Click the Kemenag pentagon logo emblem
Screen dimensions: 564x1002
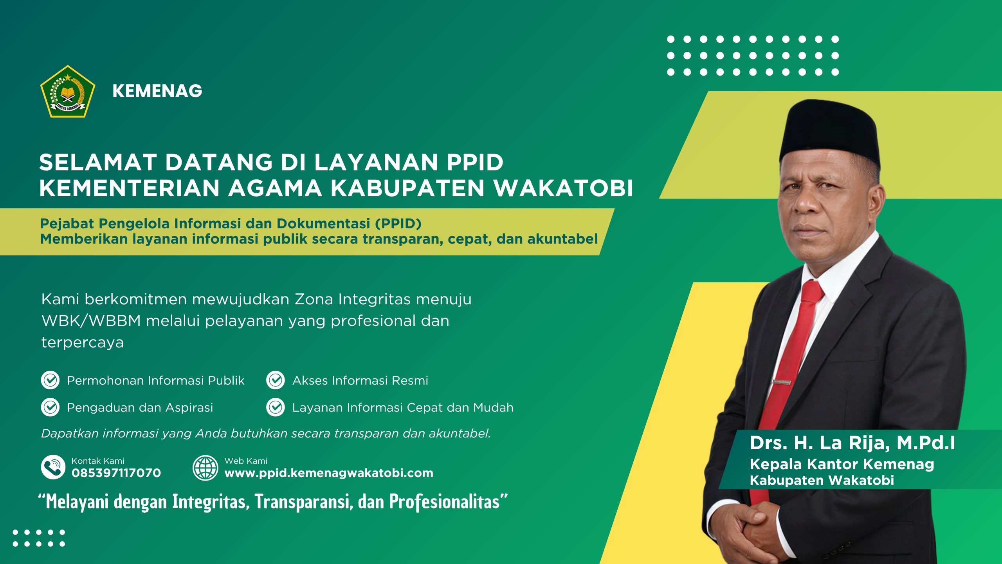point(67,92)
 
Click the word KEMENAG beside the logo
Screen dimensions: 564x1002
point(157,91)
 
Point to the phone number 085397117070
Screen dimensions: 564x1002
point(116,473)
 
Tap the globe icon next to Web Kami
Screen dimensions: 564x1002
point(205,468)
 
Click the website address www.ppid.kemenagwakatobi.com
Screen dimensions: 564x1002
point(329,473)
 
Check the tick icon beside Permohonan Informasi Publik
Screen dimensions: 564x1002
point(50,380)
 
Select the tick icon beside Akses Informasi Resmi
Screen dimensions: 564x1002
point(276,380)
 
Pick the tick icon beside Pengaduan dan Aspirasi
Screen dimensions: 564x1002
point(50,407)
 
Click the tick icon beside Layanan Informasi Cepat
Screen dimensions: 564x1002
point(276,407)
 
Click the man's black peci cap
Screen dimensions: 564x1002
point(830,133)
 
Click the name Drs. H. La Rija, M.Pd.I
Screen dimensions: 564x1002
point(852,443)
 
